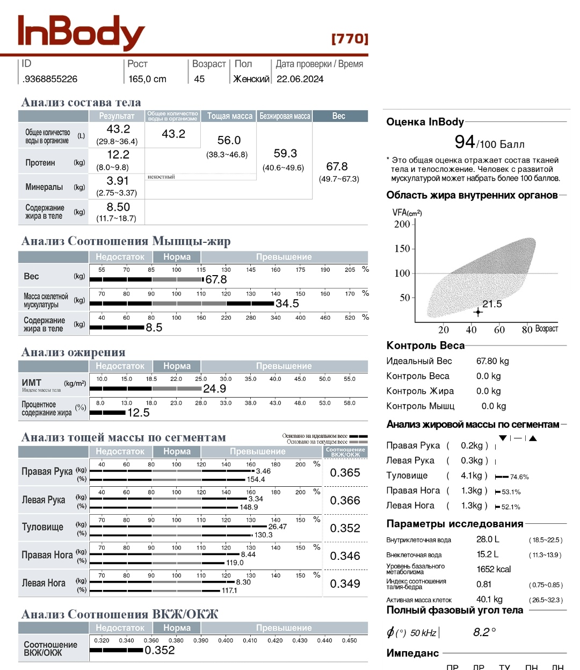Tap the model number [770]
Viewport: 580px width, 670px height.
pyautogui.click(x=350, y=39)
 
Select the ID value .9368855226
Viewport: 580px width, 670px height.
pyautogui.click(x=50, y=79)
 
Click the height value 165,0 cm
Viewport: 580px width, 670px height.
pyautogui.click(x=147, y=79)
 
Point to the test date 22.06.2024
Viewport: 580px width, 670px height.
pyautogui.click(x=300, y=79)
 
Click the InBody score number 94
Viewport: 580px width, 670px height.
pyautogui.click(x=465, y=142)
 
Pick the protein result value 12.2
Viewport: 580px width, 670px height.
pyautogui.click(x=118, y=155)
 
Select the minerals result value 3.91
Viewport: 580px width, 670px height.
pyautogui.click(x=118, y=181)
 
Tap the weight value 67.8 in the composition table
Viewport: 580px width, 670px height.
pyautogui.click(x=337, y=167)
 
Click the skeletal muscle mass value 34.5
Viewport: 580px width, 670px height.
pyautogui.click(x=287, y=304)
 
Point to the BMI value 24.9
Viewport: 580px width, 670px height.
pyautogui.click(x=214, y=388)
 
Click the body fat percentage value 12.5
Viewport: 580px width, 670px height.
pyautogui.click(x=138, y=413)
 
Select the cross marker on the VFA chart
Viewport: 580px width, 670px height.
pyautogui.click(x=478, y=312)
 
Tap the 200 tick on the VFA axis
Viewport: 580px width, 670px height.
pyautogui.click(x=402, y=224)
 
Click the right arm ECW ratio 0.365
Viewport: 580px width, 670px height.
pyautogui.click(x=345, y=473)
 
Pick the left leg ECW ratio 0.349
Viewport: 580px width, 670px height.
pyautogui.click(x=345, y=583)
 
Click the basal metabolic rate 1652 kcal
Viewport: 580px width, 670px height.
pyautogui.click(x=494, y=569)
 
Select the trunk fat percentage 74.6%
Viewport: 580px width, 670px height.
pyautogui.click(x=519, y=477)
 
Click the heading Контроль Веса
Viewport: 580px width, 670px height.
pyautogui.click(x=425, y=345)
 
